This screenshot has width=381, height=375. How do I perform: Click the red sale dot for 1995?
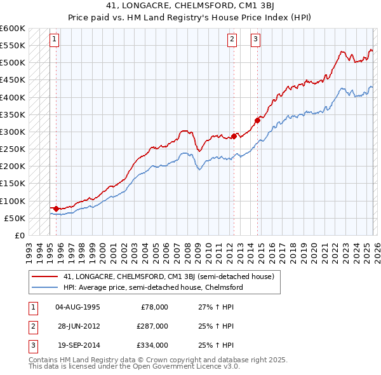coord(56,208)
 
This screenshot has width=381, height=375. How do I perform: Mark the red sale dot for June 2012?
coord(234,136)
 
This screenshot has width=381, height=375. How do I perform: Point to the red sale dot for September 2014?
coord(257,120)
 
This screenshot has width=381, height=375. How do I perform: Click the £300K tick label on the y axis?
coord(13,132)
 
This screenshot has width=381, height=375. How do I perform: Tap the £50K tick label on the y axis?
coord(15,218)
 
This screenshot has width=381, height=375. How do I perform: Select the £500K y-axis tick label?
coord(13,63)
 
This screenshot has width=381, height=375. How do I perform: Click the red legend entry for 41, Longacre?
coord(168,276)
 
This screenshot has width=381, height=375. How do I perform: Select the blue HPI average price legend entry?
coord(153,288)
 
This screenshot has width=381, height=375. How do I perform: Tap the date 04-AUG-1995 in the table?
coord(78,307)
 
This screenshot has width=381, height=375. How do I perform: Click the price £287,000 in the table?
coord(153,326)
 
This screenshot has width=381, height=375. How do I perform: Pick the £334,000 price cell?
coord(153,345)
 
